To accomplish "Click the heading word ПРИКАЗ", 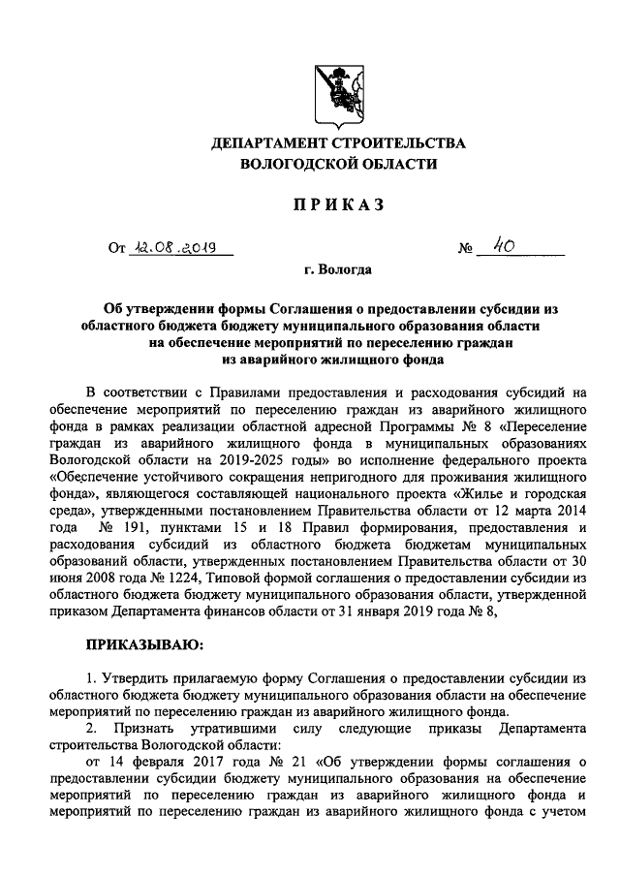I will point(338,204).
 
